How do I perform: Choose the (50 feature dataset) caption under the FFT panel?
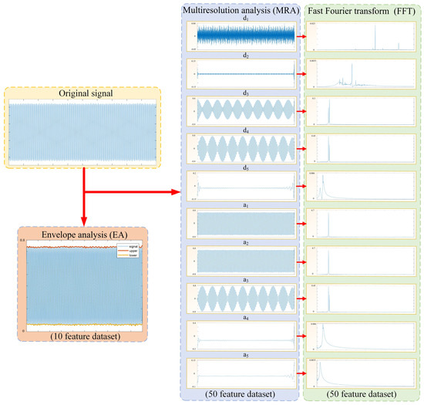(364, 395)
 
